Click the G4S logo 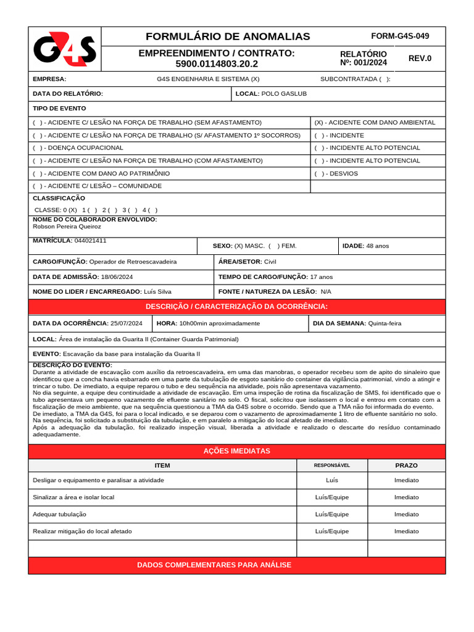click(64, 50)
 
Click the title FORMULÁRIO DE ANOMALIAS click(228, 36)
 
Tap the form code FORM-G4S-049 click(399, 36)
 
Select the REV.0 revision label click(420, 59)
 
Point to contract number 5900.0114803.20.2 click(217, 64)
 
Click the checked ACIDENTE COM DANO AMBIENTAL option click(375, 122)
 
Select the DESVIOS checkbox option click(319, 174)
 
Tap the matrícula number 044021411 click(90, 241)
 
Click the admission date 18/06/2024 click(117, 277)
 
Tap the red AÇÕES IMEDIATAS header click(236, 451)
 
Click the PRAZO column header click(406, 465)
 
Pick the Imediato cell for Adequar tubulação click(406, 514)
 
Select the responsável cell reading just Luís click(331, 480)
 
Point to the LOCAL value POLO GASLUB click(284, 94)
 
